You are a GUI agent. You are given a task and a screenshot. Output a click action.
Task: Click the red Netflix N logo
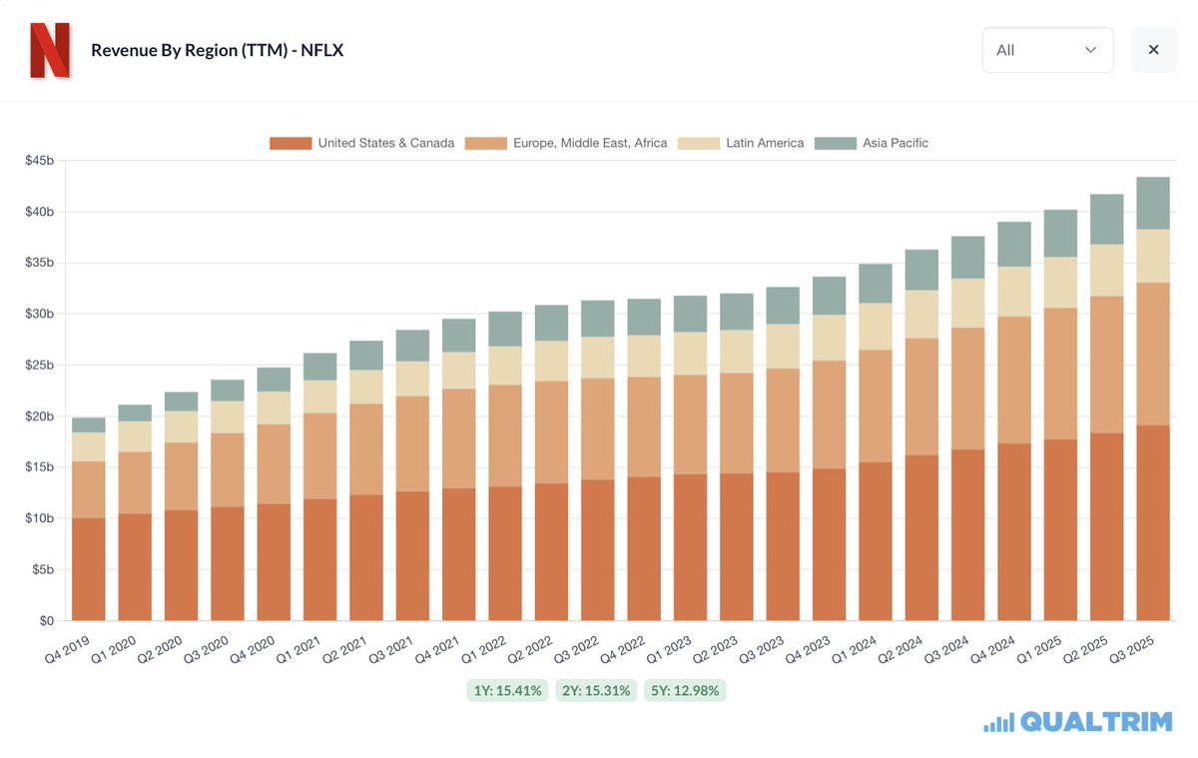click(x=49, y=50)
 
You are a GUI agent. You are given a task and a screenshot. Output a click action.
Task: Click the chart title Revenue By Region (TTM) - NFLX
click(x=217, y=50)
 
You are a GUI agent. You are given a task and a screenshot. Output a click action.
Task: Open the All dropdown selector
click(x=1047, y=50)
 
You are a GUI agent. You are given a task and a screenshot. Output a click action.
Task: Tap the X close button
click(x=1153, y=50)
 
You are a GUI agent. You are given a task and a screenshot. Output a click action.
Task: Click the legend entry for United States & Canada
click(x=362, y=143)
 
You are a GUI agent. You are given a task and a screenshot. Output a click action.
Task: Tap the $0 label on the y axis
click(x=46, y=621)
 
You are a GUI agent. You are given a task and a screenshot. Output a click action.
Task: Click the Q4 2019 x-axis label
click(x=67, y=654)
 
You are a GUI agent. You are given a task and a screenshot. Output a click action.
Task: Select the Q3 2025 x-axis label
click(x=1133, y=654)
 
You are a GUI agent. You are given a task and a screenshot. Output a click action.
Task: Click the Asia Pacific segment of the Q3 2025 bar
click(x=1152, y=203)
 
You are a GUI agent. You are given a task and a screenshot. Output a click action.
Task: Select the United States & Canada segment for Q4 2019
click(x=88, y=569)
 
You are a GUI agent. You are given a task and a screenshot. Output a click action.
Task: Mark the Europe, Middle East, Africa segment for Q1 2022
click(x=504, y=435)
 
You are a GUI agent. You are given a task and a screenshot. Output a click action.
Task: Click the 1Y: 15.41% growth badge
click(x=507, y=690)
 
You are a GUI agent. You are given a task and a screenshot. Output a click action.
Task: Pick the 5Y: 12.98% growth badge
click(x=685, y=690)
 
